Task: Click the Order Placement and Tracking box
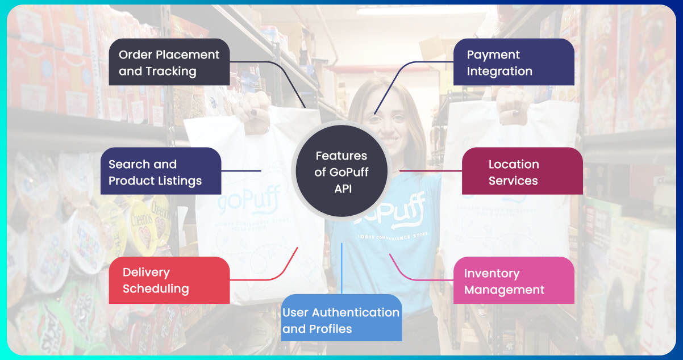pos(169,62)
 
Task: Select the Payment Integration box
pos(514,62)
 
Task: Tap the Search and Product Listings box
pos(161,172)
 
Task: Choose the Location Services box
pos(522,172)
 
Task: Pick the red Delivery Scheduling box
pos(169,280)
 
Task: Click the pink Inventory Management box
pos(514,281)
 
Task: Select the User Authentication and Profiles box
pos(341,320)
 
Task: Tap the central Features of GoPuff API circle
pos(341,172)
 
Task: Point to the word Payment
pos(493,55)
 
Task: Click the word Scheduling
pos(156,288)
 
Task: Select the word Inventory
pos(492,273)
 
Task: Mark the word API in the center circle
pos(343,189)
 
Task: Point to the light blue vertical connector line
pos(342,267)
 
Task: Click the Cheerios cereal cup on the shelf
pos(141,221)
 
